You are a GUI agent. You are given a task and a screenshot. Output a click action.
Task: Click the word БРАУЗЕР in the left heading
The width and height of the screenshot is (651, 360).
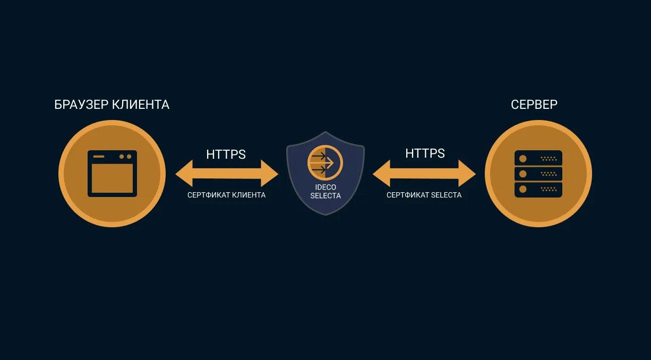click(81, 105)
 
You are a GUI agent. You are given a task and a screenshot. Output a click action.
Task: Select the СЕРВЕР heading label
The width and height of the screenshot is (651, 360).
click(534, 105)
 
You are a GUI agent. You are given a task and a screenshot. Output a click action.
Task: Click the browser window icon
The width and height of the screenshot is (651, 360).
click(112, 174)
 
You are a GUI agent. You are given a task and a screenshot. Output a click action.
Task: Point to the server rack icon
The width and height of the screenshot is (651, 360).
click(538, 174)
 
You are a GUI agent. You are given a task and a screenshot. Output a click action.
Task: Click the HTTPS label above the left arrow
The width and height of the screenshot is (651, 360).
click(226, 155)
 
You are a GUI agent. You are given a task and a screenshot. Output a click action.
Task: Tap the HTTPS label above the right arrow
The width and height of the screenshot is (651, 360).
click(425, 153)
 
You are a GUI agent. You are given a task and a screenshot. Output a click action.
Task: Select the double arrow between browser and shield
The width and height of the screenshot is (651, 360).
click(227, 174)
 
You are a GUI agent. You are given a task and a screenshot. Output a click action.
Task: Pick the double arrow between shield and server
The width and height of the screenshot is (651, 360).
click(424, 174)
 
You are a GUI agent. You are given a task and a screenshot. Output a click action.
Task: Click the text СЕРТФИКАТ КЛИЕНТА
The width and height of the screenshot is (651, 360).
click(226, 195)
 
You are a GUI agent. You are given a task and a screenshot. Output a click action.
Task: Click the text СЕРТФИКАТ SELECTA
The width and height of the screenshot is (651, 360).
click(424, 195)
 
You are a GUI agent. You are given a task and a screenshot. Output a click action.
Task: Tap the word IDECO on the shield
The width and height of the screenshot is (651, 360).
click(325, 187)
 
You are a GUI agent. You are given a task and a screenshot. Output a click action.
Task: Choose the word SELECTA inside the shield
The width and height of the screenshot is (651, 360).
click(325, 196)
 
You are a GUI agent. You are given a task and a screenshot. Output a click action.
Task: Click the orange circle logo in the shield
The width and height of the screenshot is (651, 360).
click(325, 162)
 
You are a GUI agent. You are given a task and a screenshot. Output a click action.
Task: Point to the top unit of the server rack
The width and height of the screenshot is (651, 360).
click(538, 158)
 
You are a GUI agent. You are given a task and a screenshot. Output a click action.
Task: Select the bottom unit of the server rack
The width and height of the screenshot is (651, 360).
click(538, 189)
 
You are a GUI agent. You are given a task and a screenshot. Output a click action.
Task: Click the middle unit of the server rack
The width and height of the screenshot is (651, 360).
click(538, 174)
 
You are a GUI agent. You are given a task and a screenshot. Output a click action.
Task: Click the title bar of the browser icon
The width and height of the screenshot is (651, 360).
click(112, 157)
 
